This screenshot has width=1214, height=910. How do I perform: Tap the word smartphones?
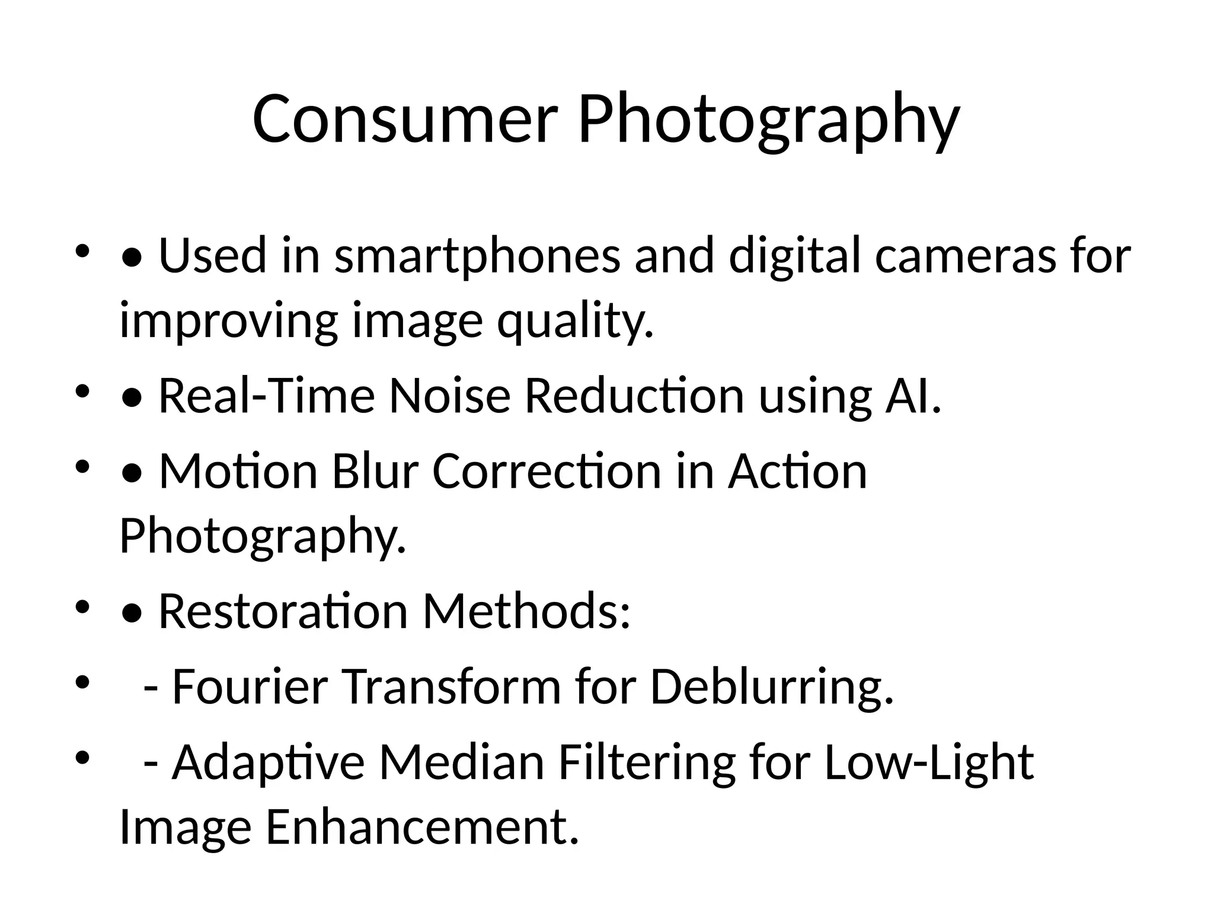pos(477,256)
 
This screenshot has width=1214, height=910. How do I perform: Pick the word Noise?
pos(449,396)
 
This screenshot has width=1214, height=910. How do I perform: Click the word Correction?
pos(546,471)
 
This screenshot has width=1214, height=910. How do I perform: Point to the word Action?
pos(797,471)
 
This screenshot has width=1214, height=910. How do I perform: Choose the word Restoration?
pos(283,611)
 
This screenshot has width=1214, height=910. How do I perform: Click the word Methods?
pos(526,611)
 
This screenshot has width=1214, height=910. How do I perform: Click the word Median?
pos(461,763)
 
